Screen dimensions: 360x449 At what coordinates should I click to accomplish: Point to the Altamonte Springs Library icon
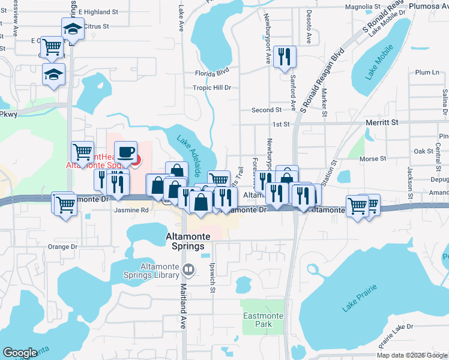click(x=189, y=270)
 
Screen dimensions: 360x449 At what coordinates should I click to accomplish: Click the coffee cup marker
click(x=125, y=152)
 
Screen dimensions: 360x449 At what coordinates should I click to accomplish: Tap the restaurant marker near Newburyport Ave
click(x=282, y=57)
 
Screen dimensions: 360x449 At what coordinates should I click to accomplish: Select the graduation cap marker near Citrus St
click(x=73, y=28)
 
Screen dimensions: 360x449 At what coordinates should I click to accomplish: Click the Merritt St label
click(x=382, y=122)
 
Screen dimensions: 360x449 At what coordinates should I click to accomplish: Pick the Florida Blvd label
click(x=212, y=73)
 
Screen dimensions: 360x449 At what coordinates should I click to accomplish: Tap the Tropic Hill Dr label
click(x=212, y=88)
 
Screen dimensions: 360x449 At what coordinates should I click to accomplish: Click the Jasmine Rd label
click(x=131, y=211)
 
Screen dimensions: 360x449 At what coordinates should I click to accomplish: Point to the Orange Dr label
click(x=63, y=247)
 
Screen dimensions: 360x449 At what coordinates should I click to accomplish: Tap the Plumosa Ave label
click(x=429, y=6)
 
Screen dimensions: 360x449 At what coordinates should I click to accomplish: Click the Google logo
click(x=20, y=353)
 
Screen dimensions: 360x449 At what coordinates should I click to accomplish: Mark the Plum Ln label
click(x=427, y=73)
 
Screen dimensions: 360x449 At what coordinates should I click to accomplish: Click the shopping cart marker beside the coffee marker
click(x=82, y=152)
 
